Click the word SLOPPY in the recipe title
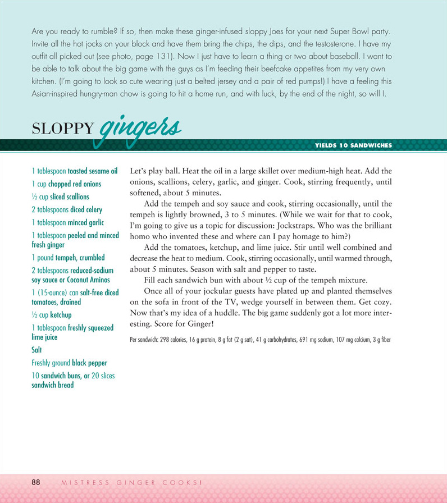click(x=63, y=129)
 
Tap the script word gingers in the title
click(x=140, y=129)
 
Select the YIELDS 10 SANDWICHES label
click(x=354, y=145)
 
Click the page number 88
click(x=36, y=482)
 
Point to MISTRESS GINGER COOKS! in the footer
click(x=130, y=482)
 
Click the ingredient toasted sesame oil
click(x=93, y=171)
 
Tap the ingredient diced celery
click(x=86, y=210)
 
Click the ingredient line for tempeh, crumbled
click(x=68, y=258)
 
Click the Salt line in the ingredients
click(x=37, y=350)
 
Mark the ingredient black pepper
click(x=89, y=363)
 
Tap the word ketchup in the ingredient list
click(x=61, y=315)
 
